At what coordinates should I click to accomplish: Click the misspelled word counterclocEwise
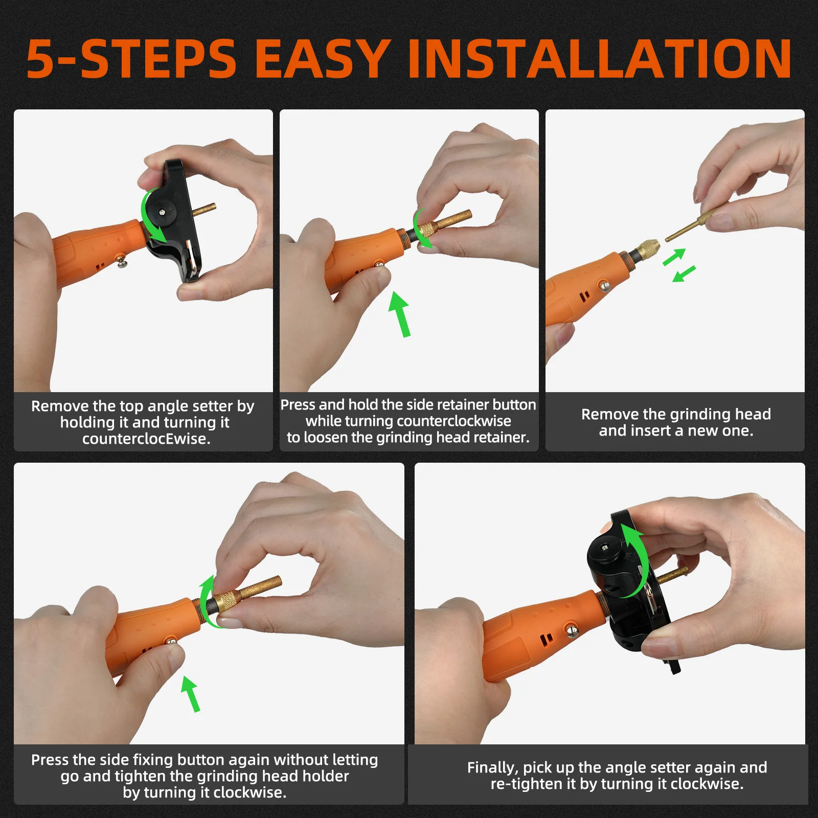click(x=146, y=439)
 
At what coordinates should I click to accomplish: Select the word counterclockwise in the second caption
click(x=448, y=421)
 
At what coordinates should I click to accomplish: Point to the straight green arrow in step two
click(x=400, y=314)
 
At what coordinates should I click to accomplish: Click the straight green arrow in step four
click(x=191, y=694)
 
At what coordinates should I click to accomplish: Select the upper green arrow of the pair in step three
click(x=674, y=257)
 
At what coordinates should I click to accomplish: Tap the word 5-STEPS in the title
click(x=131, y=59)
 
